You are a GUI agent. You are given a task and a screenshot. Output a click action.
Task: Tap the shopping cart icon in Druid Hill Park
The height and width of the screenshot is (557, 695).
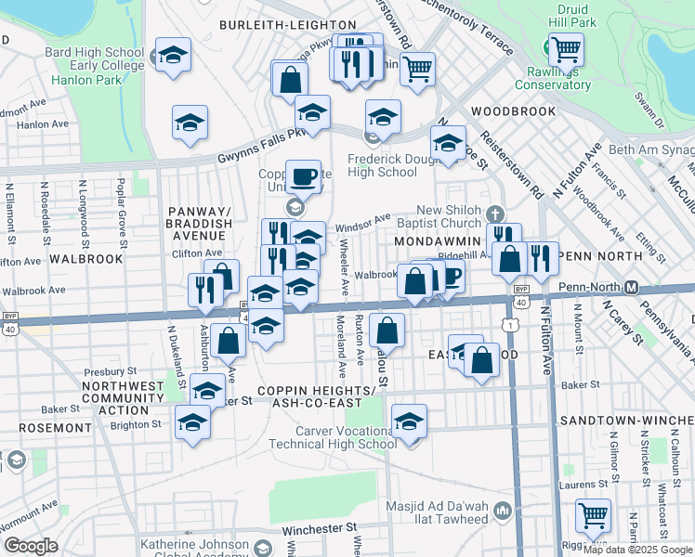pyautogui.click(x=566, y=49)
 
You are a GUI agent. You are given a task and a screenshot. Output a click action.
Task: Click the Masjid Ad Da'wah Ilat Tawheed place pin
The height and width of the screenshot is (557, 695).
pyautogui.click(x=503, y=510)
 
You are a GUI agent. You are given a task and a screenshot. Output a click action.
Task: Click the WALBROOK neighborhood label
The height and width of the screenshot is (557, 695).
pyautogui.click(x=86, y=259)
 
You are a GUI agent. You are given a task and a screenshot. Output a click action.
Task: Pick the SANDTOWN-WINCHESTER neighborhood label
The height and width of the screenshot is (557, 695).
pyautogui.click(x=634, y=421)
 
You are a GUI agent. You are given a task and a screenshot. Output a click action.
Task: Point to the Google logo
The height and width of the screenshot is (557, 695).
pyautogui.click(x=32, y=546)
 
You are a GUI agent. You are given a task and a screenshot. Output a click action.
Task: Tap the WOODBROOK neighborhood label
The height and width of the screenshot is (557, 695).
pyautogui.click(x=513, y=111)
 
